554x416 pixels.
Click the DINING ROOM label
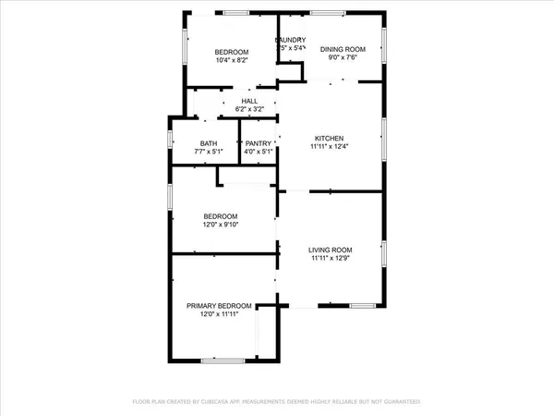pos(343,49)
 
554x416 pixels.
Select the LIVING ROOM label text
pos(331,250)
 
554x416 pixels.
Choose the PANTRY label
pos(258,145)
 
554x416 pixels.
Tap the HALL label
pos(249,101)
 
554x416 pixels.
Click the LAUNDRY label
pos(291,40)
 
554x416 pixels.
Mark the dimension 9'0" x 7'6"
pos(343,59)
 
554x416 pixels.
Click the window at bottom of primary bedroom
pos(222,359)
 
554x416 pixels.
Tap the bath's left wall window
pos(170,139)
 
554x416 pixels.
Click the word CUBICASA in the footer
pos(233,402)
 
